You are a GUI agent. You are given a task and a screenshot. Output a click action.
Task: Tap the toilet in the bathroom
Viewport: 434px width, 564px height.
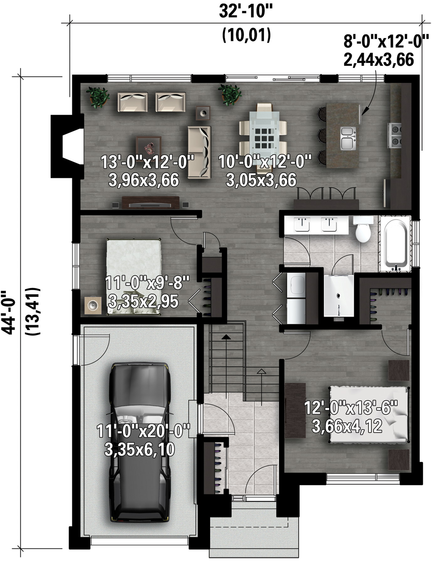point(363,229)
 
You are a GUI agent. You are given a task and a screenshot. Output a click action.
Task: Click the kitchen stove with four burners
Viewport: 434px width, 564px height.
point(395,135)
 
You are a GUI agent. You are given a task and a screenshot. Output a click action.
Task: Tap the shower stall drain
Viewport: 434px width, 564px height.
point(338,295)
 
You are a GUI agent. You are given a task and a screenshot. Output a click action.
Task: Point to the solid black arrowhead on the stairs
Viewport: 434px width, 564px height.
point(226,337)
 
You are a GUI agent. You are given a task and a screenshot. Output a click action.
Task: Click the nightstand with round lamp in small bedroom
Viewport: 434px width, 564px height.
point(93,305)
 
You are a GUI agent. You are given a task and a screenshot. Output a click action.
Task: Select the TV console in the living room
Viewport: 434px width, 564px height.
point(151,202)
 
